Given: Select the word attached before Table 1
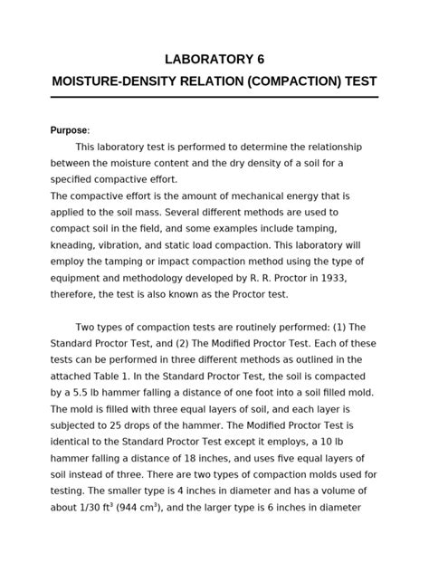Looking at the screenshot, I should click(76, 376).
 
